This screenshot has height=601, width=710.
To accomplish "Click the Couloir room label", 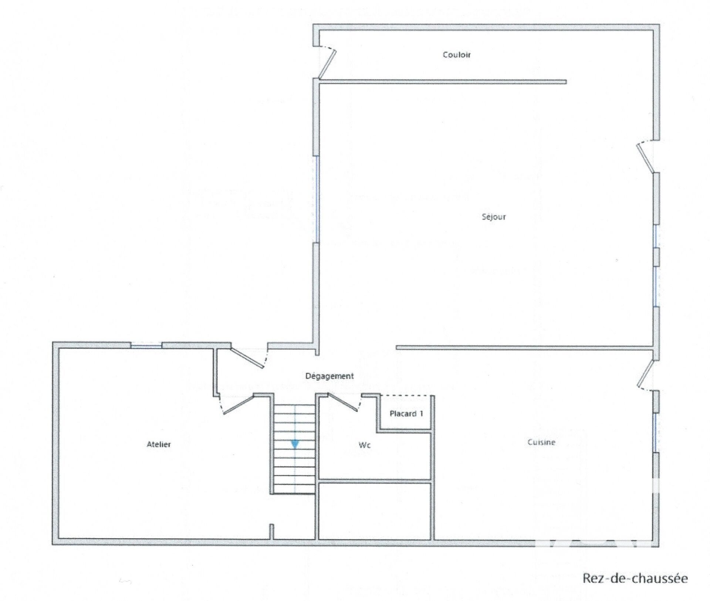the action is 457,55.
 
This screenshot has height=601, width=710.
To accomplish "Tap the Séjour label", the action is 494,217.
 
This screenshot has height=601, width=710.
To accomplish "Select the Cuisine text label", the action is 541,442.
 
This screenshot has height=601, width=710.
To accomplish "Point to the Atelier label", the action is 159,444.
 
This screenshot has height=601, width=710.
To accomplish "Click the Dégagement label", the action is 329,376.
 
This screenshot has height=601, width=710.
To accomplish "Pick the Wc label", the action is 365,445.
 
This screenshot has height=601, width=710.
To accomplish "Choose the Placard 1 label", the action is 406,414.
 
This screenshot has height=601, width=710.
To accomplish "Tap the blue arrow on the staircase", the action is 295,444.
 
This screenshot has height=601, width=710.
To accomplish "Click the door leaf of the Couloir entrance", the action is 327,64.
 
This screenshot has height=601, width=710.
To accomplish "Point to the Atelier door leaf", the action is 239,404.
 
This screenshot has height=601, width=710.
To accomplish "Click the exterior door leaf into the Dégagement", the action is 247,357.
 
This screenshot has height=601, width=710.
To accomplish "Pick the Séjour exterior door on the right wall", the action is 646,159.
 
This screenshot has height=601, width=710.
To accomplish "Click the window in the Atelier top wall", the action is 146,346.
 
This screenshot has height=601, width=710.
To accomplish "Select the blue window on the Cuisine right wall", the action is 655,432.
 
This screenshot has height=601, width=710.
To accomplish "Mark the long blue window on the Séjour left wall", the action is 317,199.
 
